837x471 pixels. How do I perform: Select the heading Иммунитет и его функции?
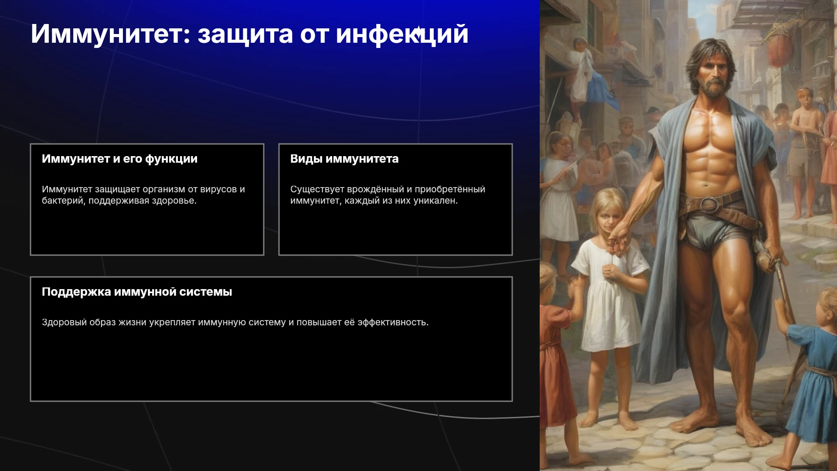(119, 159)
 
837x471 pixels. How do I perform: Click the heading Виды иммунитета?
(344, 159)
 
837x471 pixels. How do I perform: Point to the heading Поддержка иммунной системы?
(137, 292)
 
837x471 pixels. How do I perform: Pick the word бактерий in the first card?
(64, 201)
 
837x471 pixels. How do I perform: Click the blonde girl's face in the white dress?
(609, 217)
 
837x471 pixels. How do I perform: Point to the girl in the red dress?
(553, 353)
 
